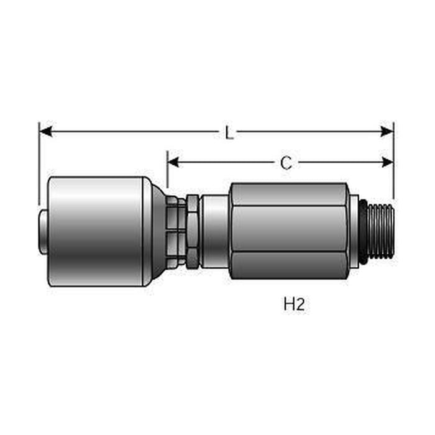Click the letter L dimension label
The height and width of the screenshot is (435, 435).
(x=229, y=132)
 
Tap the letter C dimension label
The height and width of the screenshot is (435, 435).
(x=285, y=163)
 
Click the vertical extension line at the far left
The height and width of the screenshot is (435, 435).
(x=39, y=162)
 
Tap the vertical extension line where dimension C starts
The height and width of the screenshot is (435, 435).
(x=167, y=171)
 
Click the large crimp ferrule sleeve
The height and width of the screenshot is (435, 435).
(x=96, y=231)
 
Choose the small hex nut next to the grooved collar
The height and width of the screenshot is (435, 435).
(x=193, y=231)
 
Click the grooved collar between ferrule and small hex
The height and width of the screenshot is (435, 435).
(x=177, y=231)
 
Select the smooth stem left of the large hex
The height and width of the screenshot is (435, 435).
(x=214, y=231)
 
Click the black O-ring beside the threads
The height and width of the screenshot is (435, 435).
(x=362, y=231)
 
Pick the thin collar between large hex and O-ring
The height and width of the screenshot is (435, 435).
(x=353, y=231)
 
